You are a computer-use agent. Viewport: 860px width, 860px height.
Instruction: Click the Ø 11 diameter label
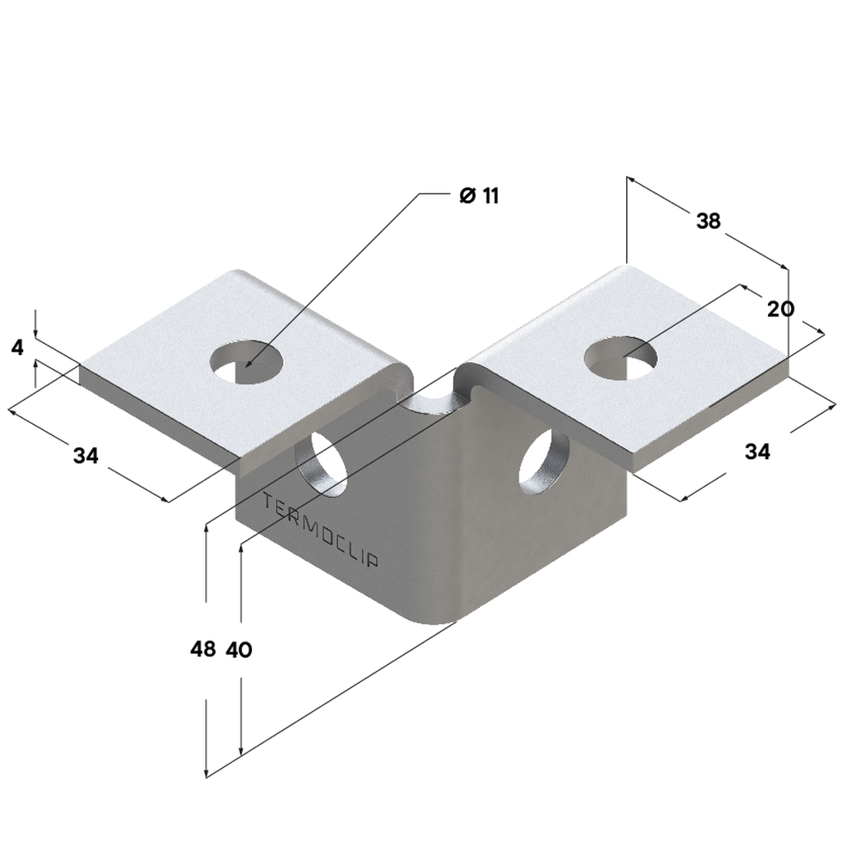pyautogui.click(x=479, y=195)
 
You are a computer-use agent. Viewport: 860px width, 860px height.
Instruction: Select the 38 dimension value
pyautogui.click(x=708, y=221)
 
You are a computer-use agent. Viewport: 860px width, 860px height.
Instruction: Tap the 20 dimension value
pyautogui.click(x=781, y=308)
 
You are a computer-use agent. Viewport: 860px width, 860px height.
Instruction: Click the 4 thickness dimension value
pyautogui.click(x=17, y=348)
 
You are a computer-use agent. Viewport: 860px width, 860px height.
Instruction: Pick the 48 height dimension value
pyautogui.click(x=203, y=650)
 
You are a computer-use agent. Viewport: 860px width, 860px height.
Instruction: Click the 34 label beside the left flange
pyautogui.click(x=85, y=456)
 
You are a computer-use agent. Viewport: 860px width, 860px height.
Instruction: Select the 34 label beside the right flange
pyautogui.click(x=757, y=451)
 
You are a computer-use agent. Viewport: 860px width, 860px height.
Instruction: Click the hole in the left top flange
pyautogui.click(x=248, y=363)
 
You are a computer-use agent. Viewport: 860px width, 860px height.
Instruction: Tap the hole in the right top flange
pyautogui.click(x=621, y=357)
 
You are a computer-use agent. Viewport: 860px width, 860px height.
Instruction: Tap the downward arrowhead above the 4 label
pyautogui.click(x=35, y=333)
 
